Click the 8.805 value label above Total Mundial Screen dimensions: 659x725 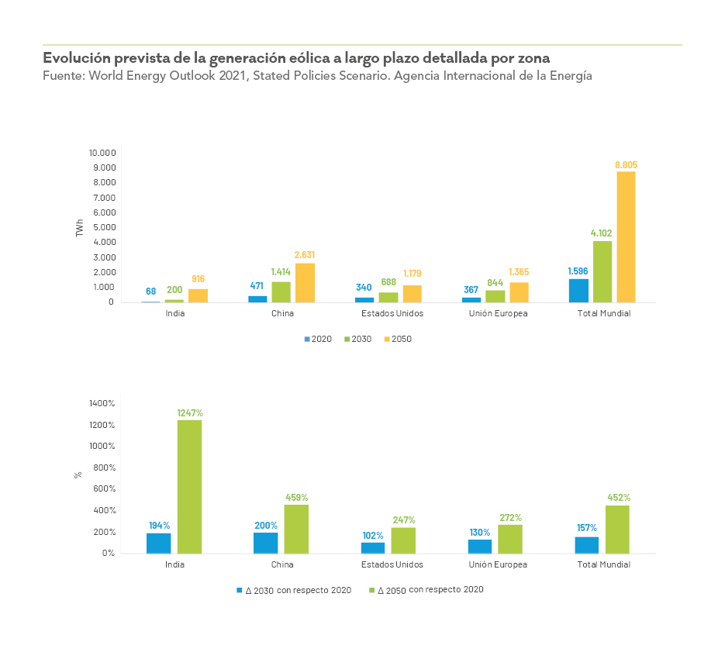(x=626, y=165)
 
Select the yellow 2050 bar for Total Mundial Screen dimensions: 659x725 (x=626, y=236)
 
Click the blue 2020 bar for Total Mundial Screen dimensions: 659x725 (x=578, y=290)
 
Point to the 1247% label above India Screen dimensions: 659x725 (x=189, y=413)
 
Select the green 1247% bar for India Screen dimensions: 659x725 (x=189, y=486)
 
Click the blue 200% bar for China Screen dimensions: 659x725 (x=266, y=543)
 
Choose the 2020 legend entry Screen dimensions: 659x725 (x=317, y=339)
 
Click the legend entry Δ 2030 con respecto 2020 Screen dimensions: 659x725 (x=294, y=590)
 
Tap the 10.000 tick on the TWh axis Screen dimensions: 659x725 (x=102, y=153)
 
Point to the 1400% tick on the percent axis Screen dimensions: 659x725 (x=102, y=403)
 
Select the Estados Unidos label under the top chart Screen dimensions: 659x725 (x=392, y=314)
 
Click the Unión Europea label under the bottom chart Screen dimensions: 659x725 (x=498, y=564)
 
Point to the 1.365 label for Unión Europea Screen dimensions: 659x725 (x=519, y=271)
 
